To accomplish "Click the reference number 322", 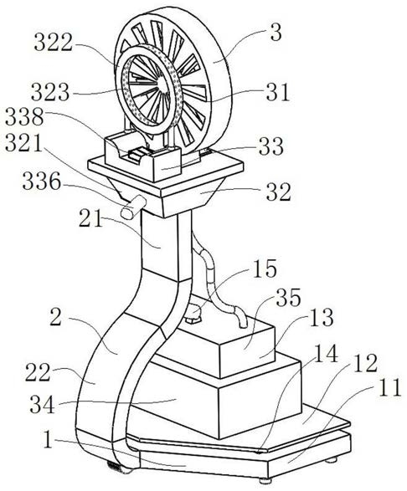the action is (x=54, y=43).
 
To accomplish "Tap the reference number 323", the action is (x=50, y=92).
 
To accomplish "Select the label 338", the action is (x=24, y=116).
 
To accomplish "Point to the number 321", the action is (x=23, y=143).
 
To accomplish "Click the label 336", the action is (x=42, y=182).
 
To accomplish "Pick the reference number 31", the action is (x=278, y=92).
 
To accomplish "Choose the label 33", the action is (x=271, y=146).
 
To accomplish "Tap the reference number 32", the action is (x=279, y=192).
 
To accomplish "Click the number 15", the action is (x=265, y=269).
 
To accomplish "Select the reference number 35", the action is (x=288, y=298).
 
